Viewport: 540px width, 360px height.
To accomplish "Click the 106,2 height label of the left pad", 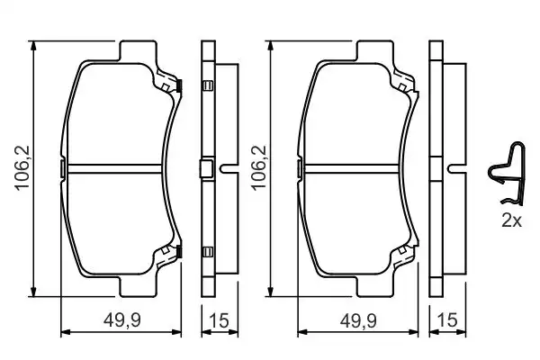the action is (22, 168).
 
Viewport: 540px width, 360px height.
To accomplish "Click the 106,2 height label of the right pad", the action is (259, 168).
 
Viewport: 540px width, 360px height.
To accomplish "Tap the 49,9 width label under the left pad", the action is (122, 320).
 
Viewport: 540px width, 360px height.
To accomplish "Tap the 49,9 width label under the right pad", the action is (358, 320).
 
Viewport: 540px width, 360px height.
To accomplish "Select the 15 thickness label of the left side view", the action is (219, 320).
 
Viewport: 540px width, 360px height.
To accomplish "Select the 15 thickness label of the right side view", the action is (447, 320).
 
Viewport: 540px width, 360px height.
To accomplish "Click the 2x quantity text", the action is (512, 220).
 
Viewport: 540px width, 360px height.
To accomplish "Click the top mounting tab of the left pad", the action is (138, 50).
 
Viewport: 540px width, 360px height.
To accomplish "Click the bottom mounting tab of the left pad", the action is (138, 286).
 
